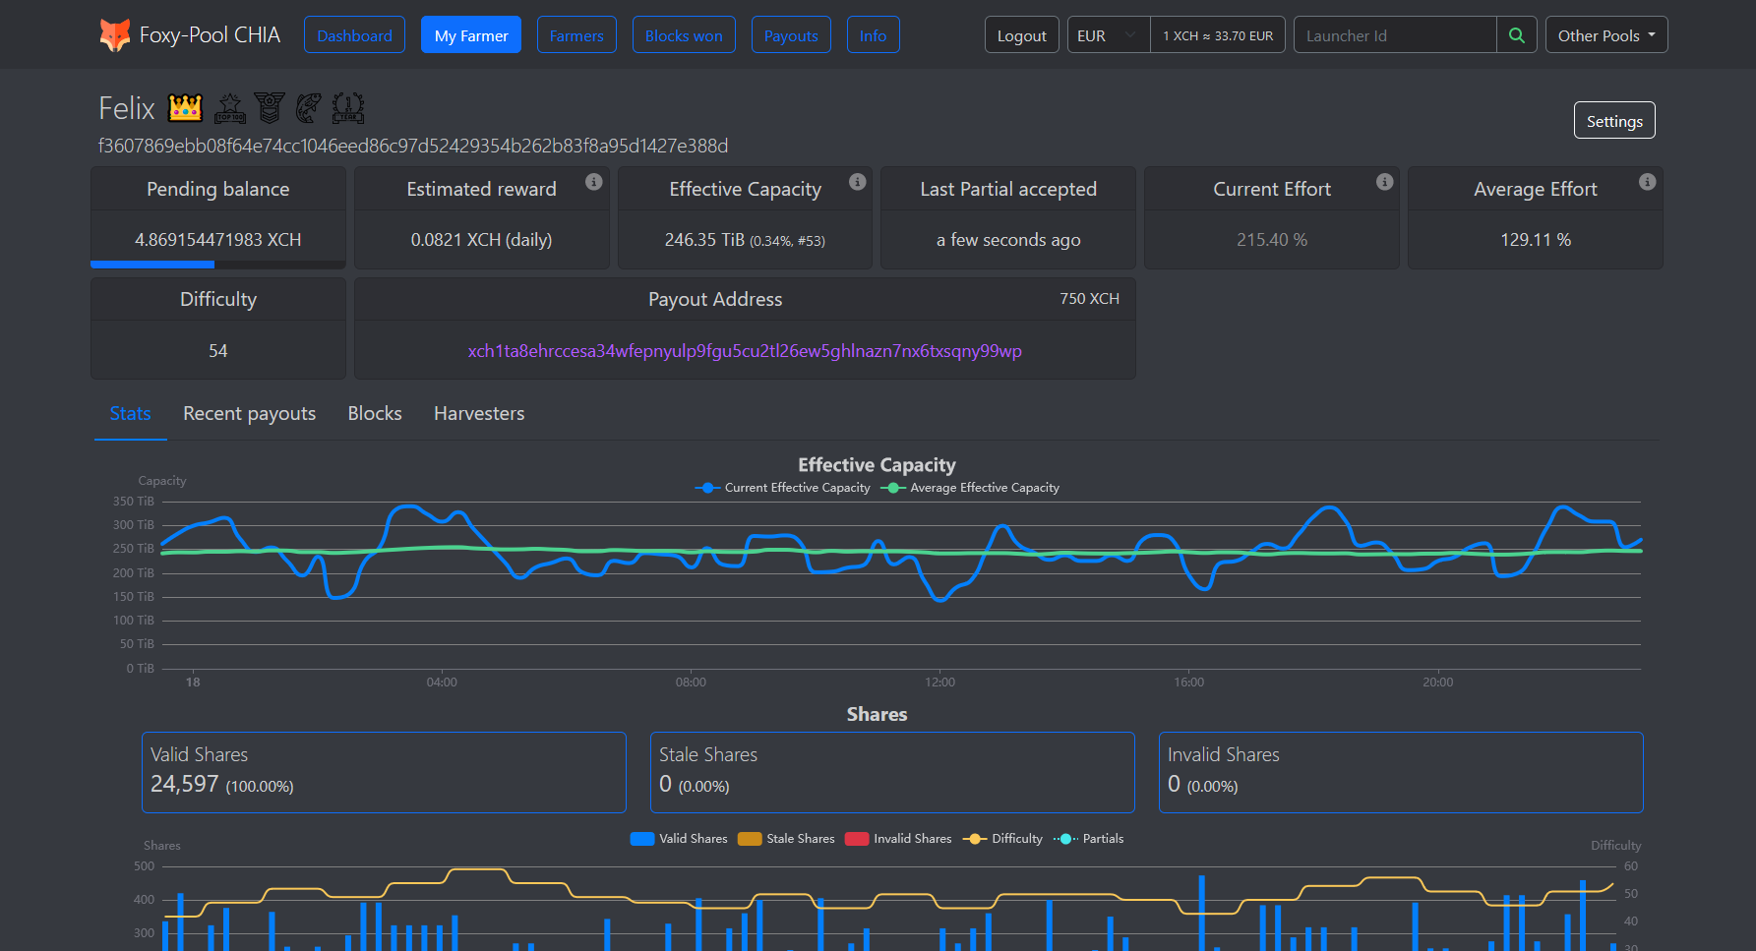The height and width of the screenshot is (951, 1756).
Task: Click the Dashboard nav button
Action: point(354,35)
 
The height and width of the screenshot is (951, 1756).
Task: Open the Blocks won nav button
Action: point(684,35)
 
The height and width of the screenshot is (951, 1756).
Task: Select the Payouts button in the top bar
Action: point(791,35)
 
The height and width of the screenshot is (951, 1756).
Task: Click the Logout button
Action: point(1021,35)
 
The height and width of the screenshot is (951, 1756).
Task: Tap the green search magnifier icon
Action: point(1516,35)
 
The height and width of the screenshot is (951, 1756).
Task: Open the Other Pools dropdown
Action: point(1605,35)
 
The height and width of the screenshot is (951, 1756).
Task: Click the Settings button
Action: point(1613,121)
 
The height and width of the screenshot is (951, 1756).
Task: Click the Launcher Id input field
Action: point(1394,35)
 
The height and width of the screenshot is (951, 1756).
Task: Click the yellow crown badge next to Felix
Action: point(185,107)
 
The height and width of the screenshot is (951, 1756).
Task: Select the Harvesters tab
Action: point(479,414)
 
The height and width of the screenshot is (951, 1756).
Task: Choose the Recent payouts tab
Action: point(249,414)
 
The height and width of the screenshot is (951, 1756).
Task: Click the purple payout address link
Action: point(745,351)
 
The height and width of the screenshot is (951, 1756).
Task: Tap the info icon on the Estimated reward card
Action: point(593,182)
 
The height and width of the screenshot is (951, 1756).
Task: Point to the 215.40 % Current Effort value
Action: point(1271,240)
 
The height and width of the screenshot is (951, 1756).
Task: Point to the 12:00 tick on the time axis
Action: point(939,683)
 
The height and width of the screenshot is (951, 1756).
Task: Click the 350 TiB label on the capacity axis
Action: point(134,502)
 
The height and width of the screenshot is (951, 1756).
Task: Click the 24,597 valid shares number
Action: point(185,784)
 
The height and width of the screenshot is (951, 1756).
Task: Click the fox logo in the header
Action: point(114,35)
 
